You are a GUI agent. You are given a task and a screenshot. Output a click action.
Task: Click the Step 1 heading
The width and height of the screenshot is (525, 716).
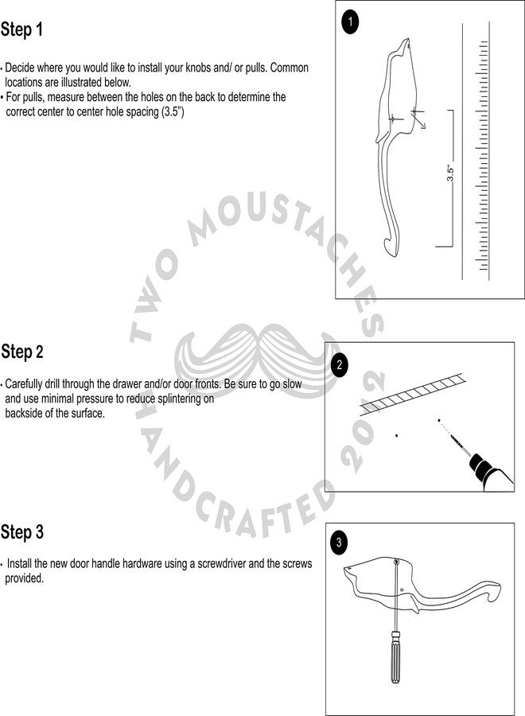(x=21, y=29)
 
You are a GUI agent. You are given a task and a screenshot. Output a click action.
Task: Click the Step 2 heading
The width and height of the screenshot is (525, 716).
(x=22, y=352)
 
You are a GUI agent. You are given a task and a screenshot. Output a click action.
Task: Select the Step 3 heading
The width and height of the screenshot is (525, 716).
(x=22, y=532)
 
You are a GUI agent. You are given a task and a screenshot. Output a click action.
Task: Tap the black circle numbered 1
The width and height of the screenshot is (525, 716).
(x=350, y=21)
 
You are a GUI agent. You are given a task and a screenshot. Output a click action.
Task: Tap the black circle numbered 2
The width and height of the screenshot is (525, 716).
(x=339, y=365)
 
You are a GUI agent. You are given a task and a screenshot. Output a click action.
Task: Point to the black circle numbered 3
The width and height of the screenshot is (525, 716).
(x=339, y=543)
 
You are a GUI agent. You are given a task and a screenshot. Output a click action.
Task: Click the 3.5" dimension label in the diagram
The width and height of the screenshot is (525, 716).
(x=450, y=173)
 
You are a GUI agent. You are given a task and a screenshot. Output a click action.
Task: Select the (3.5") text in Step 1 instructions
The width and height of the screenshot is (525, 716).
(x=173, y=112)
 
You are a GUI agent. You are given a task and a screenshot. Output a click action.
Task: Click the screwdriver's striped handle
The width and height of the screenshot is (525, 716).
(x=396, y=657)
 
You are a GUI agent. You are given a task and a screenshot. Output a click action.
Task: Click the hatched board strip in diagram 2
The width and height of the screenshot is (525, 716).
(x=413, y=394)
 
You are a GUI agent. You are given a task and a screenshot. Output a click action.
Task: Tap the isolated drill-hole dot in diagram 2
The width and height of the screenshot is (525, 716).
(x=396, y=436)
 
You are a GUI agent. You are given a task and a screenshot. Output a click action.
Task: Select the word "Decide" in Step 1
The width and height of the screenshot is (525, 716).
(x=20, y=68)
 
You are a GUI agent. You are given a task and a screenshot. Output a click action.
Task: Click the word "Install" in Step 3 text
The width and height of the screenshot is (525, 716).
(x=19, y=563)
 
